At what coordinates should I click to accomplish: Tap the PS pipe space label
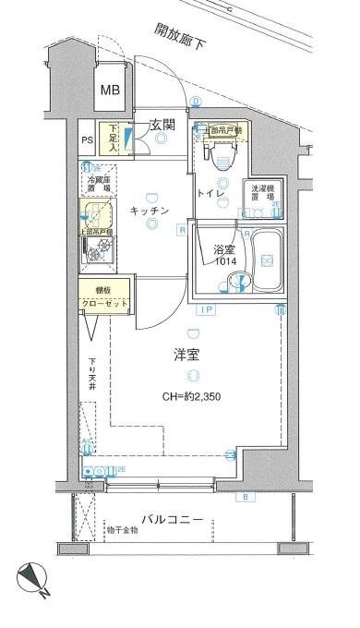click(x=88, y=140)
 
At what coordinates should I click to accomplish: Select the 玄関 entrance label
click(x=162, y=124)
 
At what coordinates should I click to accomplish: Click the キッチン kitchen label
click(x=148, y=211)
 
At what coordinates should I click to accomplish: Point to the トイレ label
click(x=208, y=193)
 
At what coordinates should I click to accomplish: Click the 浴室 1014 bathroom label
click(x=225, y=255)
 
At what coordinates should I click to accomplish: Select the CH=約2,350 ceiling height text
click(x=191, y=397)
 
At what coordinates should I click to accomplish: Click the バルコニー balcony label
click(x=172, y=519)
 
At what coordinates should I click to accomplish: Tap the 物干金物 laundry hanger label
click(x=121, y=530)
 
